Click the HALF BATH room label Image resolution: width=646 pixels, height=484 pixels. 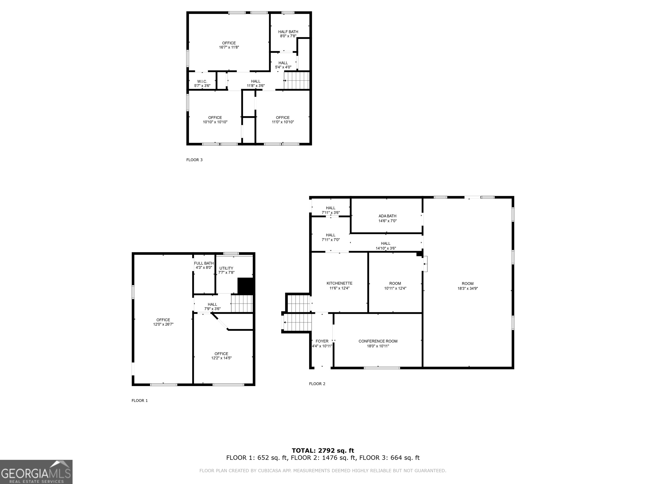click(x=288, y=32)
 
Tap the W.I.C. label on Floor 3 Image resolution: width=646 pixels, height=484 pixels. click(x=202, y=81)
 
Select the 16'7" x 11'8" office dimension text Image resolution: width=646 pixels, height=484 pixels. click(x=229, y=47)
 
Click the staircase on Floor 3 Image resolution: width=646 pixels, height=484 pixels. click(x=297, y=80)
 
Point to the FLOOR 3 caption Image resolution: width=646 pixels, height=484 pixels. click(x=194, y=160)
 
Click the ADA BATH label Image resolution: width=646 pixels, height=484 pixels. click(x=387, y=216)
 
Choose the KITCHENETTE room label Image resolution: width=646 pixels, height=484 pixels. click(x=339, y=283)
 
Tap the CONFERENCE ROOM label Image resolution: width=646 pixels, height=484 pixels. click(x=378, y=341)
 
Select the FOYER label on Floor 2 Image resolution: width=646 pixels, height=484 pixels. click(x=322, y=341)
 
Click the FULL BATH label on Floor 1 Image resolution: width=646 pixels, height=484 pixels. click(x=204, y=263)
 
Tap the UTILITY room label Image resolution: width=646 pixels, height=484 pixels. click(x=226, y=268)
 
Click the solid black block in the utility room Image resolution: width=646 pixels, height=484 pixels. click(x=246, y=286)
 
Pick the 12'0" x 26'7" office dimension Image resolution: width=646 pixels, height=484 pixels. click(x=163, y=324)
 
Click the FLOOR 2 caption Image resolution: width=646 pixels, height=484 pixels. click(x=317, y=384)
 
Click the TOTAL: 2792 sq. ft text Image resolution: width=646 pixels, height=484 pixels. click(x=323, y=451)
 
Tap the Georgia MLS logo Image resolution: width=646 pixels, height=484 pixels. click(x=36, y=472)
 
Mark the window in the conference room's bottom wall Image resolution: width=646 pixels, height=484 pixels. click(x=382, y=368)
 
